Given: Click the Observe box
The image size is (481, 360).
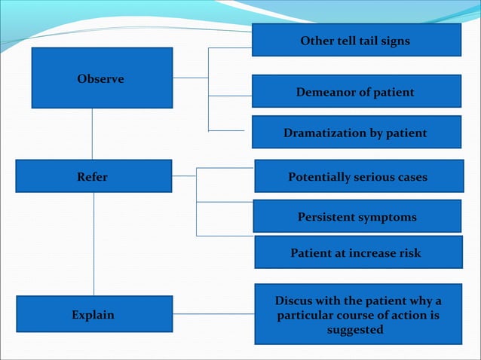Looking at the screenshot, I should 102,78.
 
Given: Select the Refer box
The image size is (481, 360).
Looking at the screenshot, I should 93,177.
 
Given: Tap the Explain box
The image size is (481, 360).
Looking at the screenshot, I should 93,314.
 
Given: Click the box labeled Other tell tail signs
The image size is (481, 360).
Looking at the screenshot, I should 356,41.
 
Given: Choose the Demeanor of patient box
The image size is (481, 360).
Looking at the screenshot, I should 356,92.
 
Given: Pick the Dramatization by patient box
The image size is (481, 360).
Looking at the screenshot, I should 356,133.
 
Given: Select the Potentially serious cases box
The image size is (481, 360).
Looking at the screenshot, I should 357,177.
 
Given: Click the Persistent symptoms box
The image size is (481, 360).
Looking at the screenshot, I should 357,217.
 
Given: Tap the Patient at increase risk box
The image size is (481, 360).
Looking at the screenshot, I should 357,253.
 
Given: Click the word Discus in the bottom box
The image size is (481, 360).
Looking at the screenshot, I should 296,301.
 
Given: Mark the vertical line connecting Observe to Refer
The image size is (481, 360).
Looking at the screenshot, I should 93,133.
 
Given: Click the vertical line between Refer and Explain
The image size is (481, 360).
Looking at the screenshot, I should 94,244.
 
